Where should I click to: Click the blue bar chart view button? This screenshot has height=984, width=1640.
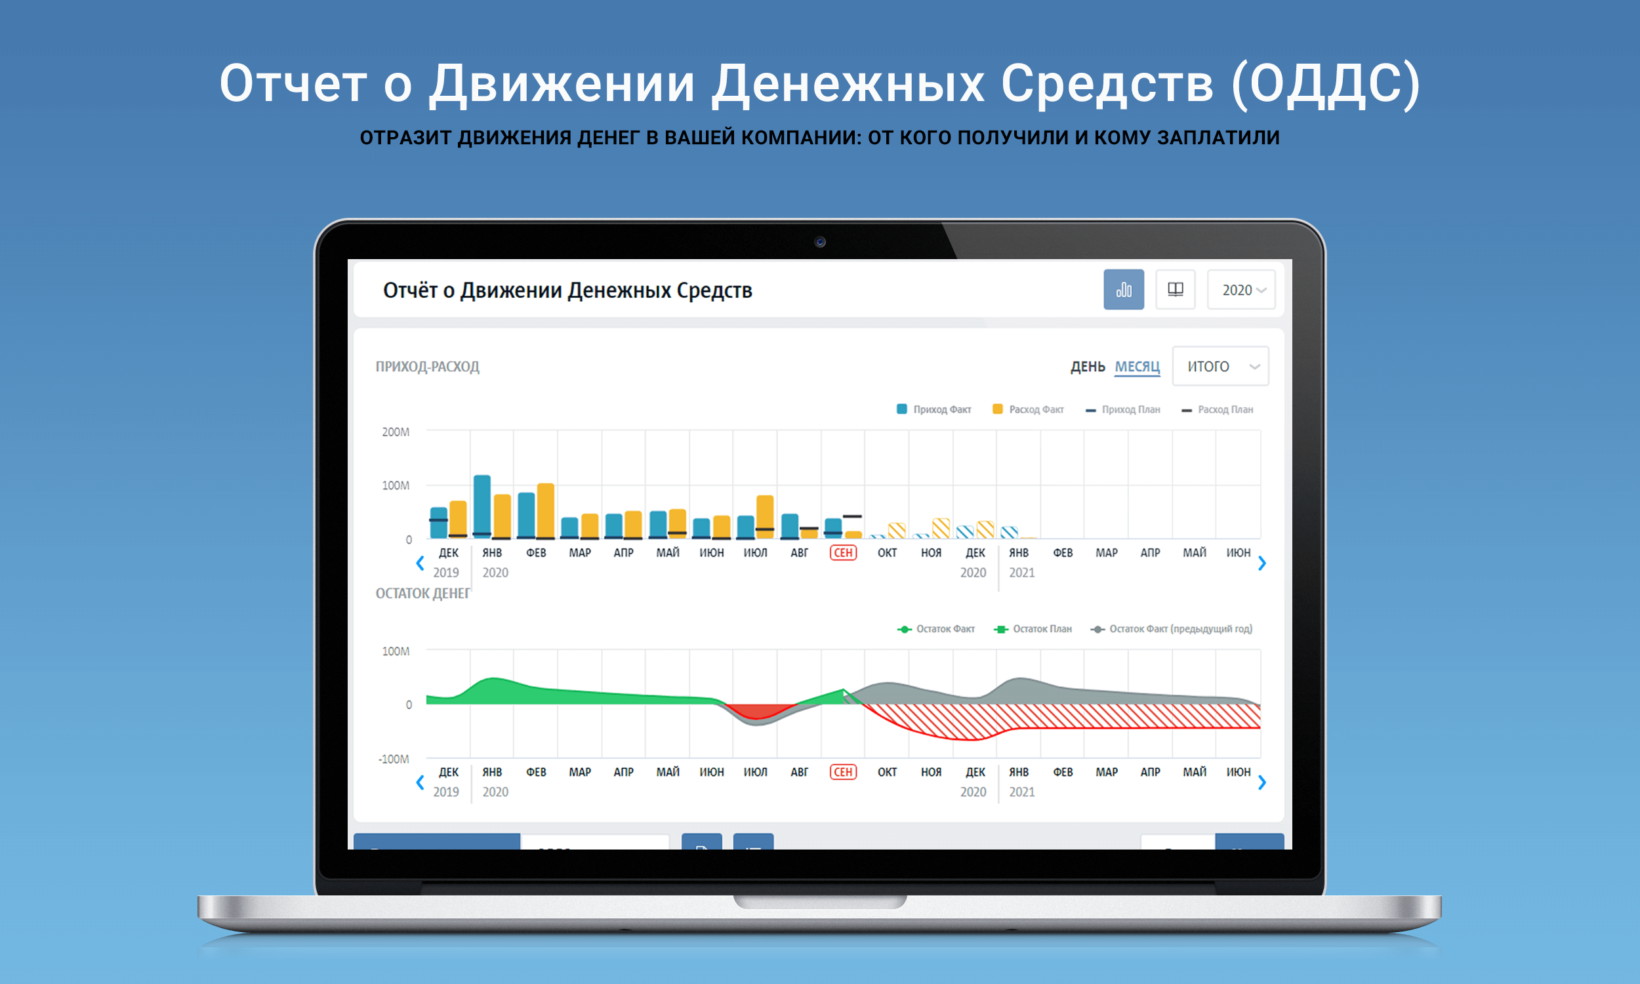[1124, 290]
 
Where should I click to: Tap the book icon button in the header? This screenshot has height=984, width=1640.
[1176, 290]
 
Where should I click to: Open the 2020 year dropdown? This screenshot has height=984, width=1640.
[1241, 290]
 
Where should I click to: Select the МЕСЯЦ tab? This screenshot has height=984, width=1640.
[1137, 367]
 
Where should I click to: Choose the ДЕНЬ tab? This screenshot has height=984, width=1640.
[1088, 367]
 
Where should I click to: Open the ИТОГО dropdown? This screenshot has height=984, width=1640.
[1220, 367]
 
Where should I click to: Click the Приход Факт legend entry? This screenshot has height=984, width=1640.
[934, 410]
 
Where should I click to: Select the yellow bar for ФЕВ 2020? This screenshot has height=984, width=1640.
[546, 510]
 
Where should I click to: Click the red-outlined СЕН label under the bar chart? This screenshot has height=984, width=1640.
[842, 553]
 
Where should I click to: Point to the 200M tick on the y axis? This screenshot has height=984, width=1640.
[396, 432]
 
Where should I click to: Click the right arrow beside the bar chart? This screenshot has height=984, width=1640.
[1261, 564]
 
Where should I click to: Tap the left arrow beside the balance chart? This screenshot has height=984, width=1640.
[420, 783]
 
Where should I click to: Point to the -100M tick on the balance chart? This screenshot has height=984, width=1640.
[394, 759]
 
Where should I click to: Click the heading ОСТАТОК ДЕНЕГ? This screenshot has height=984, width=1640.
[423, 594]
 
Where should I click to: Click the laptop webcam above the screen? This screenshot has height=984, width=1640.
[820, 242]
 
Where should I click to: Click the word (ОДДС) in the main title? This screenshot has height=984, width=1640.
[1326, 84]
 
